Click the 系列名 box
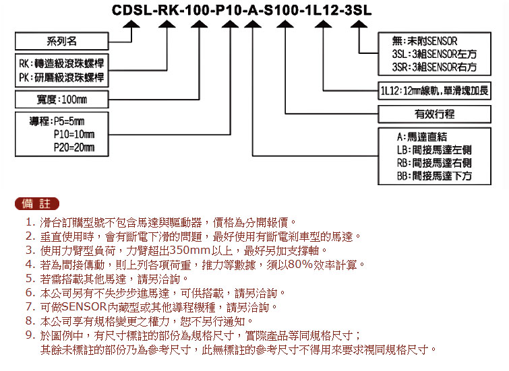click(x=61, y=41)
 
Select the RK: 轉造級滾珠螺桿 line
click(x=61, y=63)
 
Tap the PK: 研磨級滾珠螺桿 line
click(x=61, y=77)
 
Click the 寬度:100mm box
click(x=61, y=99)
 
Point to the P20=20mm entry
click(x=74, y=147)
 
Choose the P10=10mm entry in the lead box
click(x=74, y=134)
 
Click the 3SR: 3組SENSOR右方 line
click(x=434, y=67)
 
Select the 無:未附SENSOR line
click(x=425, y=41)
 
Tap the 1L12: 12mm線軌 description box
click(x=434, y=91)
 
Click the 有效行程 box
click(x=434, y=114)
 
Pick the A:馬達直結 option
click(x=421, y=137)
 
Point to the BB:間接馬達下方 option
click(x=434, y=176)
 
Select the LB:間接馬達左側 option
click(x=434, y=150)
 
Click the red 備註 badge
click(x=37, y=203)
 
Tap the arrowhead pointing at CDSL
click(x=131, y=24)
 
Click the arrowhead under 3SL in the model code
click(x=359, y=24)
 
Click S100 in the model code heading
click(x=281, y=10)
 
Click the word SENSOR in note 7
click(x=84, y=307)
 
